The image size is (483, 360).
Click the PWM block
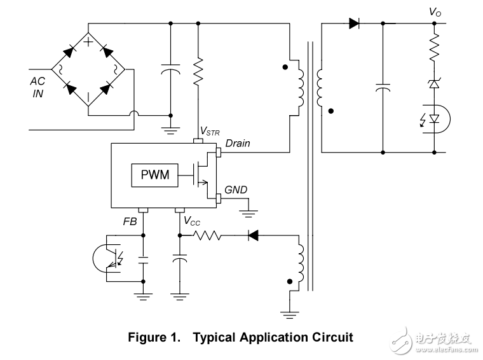155,175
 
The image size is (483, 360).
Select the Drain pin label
238,143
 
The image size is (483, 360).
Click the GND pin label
236,190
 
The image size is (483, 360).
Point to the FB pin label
130,221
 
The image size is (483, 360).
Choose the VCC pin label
192,221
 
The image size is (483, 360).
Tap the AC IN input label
38,87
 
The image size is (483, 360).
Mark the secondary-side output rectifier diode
355,24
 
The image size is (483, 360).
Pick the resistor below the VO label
435,48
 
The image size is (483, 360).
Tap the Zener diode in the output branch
435,83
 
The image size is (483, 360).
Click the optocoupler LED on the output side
434,118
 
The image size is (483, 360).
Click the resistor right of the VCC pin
207,236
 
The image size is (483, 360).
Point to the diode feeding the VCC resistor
252,236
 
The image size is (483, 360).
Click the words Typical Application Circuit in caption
273,337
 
